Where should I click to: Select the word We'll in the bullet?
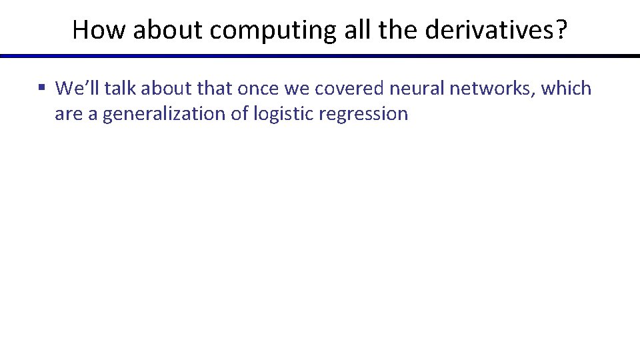click(x=77, y=88)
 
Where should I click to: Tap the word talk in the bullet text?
click(x=122, y=88)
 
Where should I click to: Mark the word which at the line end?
click(x=566, y=88)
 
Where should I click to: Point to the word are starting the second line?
click(x=67, y=114)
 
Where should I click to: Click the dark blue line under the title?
click(x=320, y=56)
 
